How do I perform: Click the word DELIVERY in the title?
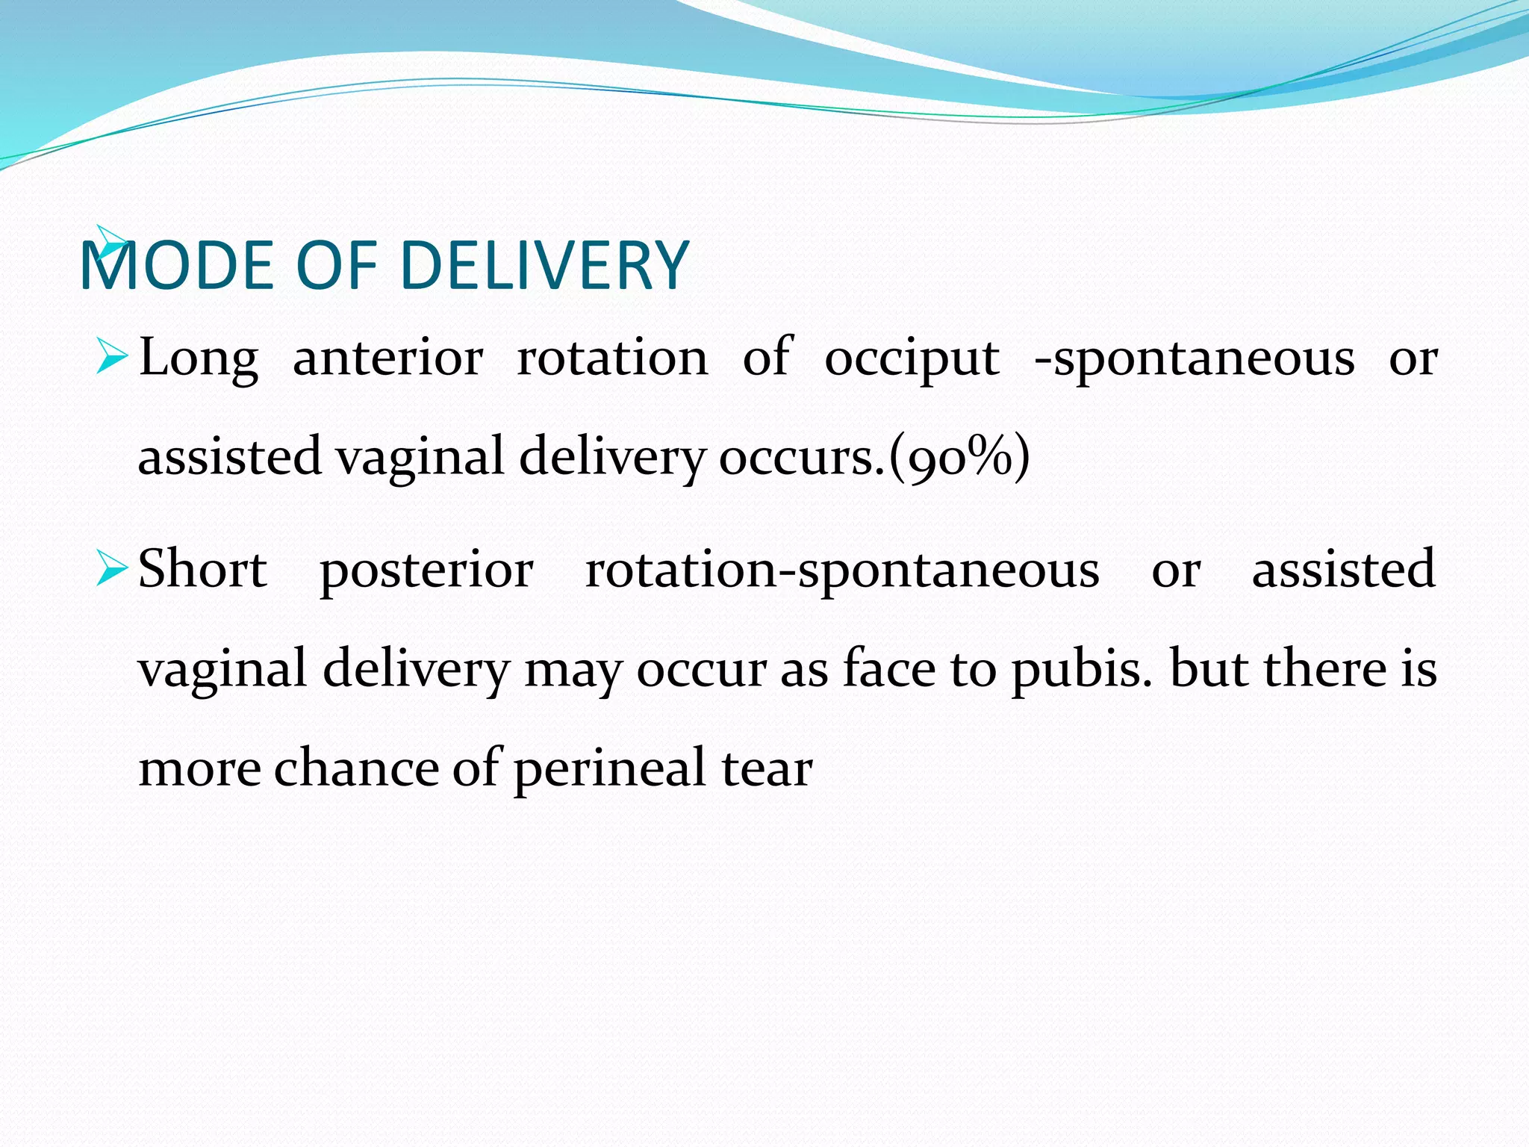[544, 265]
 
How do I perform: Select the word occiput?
[912, 358]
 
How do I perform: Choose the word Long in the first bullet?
[199, 358]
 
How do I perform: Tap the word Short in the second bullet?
[202, 569]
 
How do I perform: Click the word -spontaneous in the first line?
[1195, 358]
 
